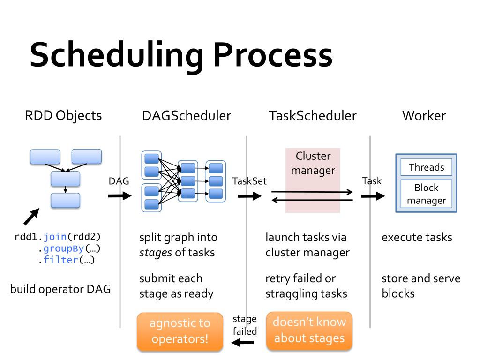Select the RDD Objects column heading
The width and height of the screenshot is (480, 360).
coord(63,115)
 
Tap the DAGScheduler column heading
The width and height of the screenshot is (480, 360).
coord(187,115)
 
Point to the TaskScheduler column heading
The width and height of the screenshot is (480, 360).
coord(313,115)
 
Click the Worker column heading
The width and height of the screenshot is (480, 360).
coord(424,115)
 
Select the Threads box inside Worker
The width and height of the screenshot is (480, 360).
coord(426,167)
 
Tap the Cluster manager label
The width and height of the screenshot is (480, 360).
coord(313,163)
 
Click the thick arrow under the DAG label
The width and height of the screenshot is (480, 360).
coord(120,195)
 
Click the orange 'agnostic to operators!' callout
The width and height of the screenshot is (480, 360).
coord(180,331)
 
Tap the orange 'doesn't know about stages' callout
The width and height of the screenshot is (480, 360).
coord(309,330)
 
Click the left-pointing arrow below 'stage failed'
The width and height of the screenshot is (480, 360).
coord(243,344)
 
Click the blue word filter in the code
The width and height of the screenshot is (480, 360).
coord(60,260)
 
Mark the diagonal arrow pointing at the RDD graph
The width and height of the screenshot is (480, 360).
coord(31,217)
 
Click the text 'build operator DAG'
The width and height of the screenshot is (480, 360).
coord(60,289)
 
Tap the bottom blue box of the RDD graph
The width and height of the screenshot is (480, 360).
coord(65,200)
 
